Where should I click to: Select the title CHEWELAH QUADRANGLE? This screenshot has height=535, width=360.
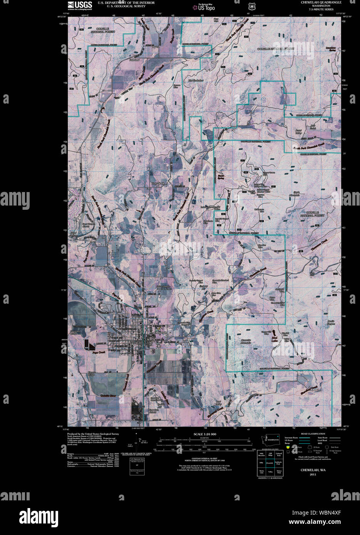(x=321, y=2)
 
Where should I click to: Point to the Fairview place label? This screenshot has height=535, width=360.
(x=134, y=60)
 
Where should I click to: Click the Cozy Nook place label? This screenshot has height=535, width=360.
(x=158, y=184)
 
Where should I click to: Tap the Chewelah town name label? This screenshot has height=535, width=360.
(x=160, y=332)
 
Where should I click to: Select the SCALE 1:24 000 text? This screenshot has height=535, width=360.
(x=205, y=434)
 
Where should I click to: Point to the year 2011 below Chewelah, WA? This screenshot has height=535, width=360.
(x=313, y=475)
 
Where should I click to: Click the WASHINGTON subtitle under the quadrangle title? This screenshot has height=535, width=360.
(x=321, y=6)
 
